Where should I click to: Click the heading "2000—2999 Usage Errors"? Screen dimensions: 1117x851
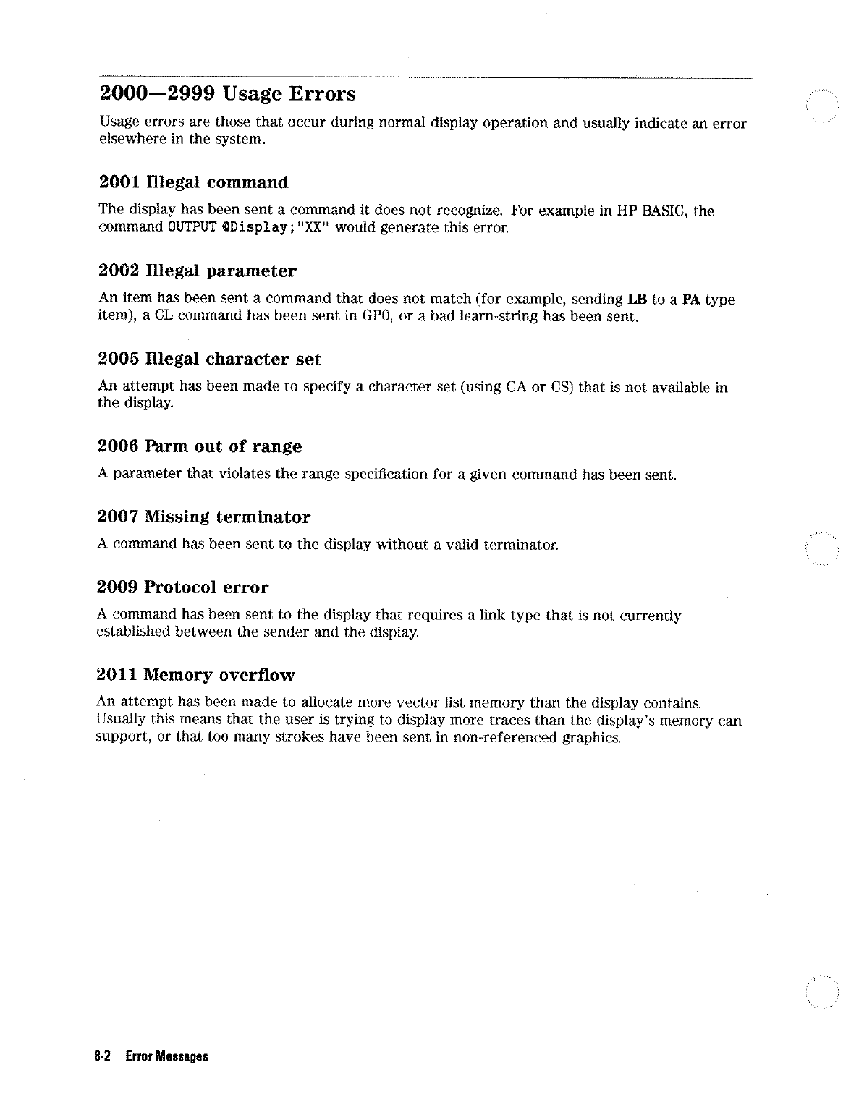(x=227, y=94)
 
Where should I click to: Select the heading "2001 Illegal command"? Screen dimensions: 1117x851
(x=193, y=182)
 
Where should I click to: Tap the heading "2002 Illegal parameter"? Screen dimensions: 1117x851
(x=197, y=271)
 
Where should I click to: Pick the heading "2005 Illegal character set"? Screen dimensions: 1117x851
(x=209, y=360)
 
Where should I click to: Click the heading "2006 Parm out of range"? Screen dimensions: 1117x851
(x=200, y=447)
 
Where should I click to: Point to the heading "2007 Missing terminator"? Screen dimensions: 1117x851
(x=204, y=517)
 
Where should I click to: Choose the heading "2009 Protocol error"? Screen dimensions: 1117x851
(x=183, y=587)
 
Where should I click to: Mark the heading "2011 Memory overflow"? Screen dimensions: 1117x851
(x=196, y=676)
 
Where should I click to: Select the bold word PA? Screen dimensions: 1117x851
(x=685, y=300)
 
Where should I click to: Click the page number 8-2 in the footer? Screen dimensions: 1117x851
(x=101, y=1056)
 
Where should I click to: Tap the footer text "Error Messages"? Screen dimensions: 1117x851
(x=166, y=1056)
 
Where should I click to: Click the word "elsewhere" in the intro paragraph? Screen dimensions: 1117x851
(x=127, y=140)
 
